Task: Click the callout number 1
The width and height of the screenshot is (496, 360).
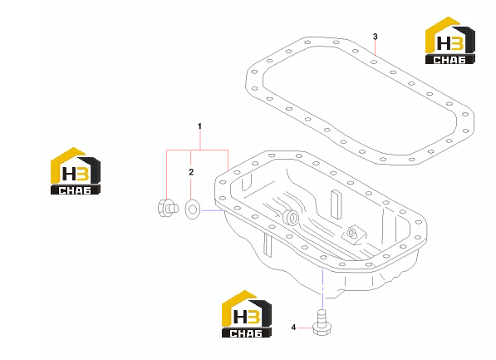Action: coord(199,126)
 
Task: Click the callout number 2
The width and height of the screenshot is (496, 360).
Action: coord(191,172)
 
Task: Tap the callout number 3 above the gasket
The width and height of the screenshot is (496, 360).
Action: coord(376,37)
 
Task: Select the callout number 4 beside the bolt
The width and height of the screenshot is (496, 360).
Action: coord(293,328)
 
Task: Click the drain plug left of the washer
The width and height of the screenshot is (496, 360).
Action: coord(168,208)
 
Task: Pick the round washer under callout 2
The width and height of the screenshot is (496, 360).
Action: coord(192,210)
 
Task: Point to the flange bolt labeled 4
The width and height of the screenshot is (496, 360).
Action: coord(322,323)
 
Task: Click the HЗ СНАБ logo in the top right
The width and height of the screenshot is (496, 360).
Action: coord(449,40)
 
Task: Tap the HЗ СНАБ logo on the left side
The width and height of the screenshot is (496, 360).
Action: coord(76,171)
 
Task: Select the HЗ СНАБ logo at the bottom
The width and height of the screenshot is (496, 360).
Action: coord(247,313)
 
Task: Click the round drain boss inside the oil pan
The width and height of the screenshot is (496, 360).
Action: coord(292,217)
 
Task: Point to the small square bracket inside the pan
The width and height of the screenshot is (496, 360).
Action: coord(354,235)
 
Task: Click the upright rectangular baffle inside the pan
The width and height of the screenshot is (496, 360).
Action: coord(336,205)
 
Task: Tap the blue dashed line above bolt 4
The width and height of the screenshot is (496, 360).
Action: coord(322,288)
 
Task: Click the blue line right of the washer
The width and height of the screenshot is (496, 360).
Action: coord(212,210)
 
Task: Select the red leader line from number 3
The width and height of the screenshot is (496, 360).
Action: coord(376,48)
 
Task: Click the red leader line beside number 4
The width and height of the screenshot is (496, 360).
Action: coord(305,328)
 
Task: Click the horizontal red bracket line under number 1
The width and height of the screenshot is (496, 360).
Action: coord(198,150)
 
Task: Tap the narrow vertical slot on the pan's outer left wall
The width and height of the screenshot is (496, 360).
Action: coord(268,244)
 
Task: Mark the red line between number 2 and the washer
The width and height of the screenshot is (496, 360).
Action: coord(191,188)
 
